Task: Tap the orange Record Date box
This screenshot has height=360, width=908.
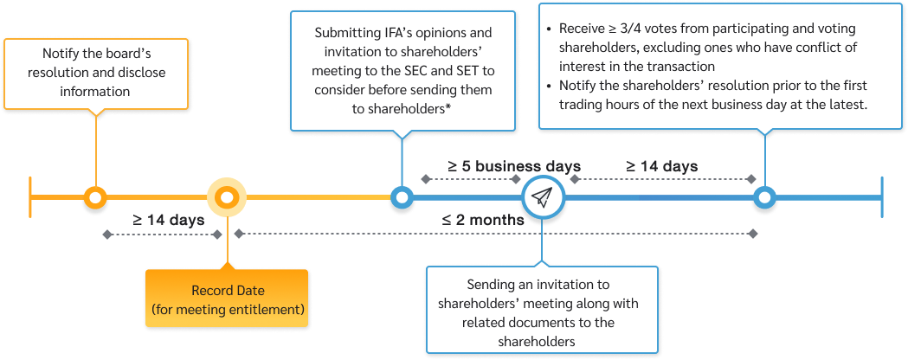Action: [x=226, y=299]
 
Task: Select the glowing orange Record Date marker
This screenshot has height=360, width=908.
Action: [x=227, y=198]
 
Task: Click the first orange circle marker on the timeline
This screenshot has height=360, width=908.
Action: [x=96, y=198]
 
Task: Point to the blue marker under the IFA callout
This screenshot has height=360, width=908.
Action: [x=400, y=198]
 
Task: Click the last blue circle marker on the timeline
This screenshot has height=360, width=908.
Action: [x=763, y=198]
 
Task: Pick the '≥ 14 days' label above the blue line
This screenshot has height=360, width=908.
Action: [x=662, y=166]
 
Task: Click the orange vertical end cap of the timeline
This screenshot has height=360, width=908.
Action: [x=30, y=198]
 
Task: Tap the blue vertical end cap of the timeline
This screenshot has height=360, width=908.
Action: [x=881, y=198]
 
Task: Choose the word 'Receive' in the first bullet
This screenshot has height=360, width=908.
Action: [x=583, y=29]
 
